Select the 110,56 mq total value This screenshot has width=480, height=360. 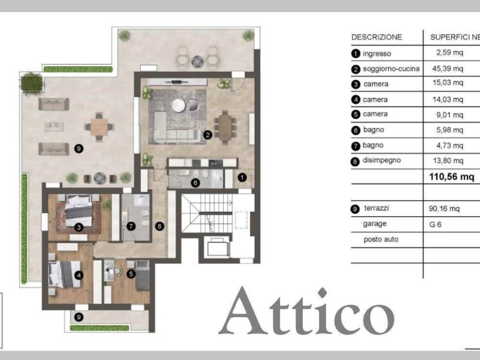coord(451,177)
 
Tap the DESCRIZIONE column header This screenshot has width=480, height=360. coord(376,37)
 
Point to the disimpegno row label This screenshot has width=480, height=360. coord(382,160)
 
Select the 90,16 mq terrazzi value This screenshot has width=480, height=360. coord(445,208)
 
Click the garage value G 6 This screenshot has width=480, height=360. coord(435,224)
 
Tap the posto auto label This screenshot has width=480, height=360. coord(381,240)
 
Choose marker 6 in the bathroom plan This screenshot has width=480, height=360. coord(195,183)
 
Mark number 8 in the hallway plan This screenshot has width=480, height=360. coord(160,226)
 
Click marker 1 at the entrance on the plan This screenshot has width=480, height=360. coord(242,178)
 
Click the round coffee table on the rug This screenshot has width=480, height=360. coord(179,105)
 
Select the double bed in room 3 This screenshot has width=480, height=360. coord(78,212)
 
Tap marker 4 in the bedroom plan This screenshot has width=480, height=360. coord(79,276)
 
